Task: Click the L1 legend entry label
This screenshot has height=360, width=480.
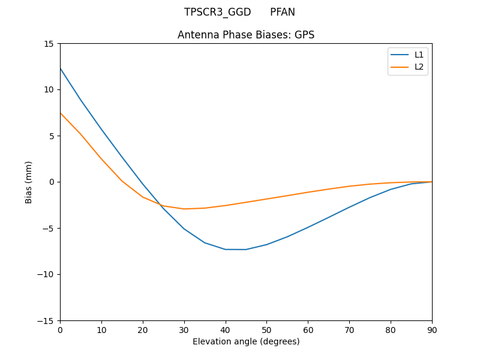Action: pos(419,55)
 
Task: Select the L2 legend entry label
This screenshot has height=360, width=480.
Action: pos(419,67)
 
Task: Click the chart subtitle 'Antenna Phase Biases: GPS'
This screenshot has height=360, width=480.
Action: pos(246,35)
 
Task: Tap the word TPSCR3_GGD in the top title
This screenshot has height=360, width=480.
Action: pos(217,12)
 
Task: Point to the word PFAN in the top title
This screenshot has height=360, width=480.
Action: pos(282,12)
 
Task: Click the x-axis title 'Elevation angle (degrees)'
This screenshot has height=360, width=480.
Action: pos(246,341)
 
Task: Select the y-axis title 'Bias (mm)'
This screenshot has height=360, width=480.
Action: pos(29,182)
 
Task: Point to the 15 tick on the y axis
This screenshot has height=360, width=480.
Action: pos(48,44)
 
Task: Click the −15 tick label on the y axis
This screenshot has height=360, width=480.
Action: pos(46,320)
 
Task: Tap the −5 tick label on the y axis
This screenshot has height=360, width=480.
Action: pos(48,228)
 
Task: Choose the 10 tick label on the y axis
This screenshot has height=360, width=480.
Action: pos(48,89)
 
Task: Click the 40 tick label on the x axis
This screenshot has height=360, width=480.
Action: pos(225,329)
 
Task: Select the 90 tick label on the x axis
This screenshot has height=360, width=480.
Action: pos(431,329)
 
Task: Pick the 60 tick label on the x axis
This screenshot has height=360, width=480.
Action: pos(308,329)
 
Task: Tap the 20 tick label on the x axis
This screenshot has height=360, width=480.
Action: pos(143,329)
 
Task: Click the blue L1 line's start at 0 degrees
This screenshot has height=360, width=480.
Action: pos(61,68)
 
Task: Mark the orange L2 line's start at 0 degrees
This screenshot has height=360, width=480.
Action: pos(61,113)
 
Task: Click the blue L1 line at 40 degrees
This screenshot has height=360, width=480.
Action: pos(225,249)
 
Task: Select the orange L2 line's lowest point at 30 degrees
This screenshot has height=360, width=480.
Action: pos(184,209)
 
